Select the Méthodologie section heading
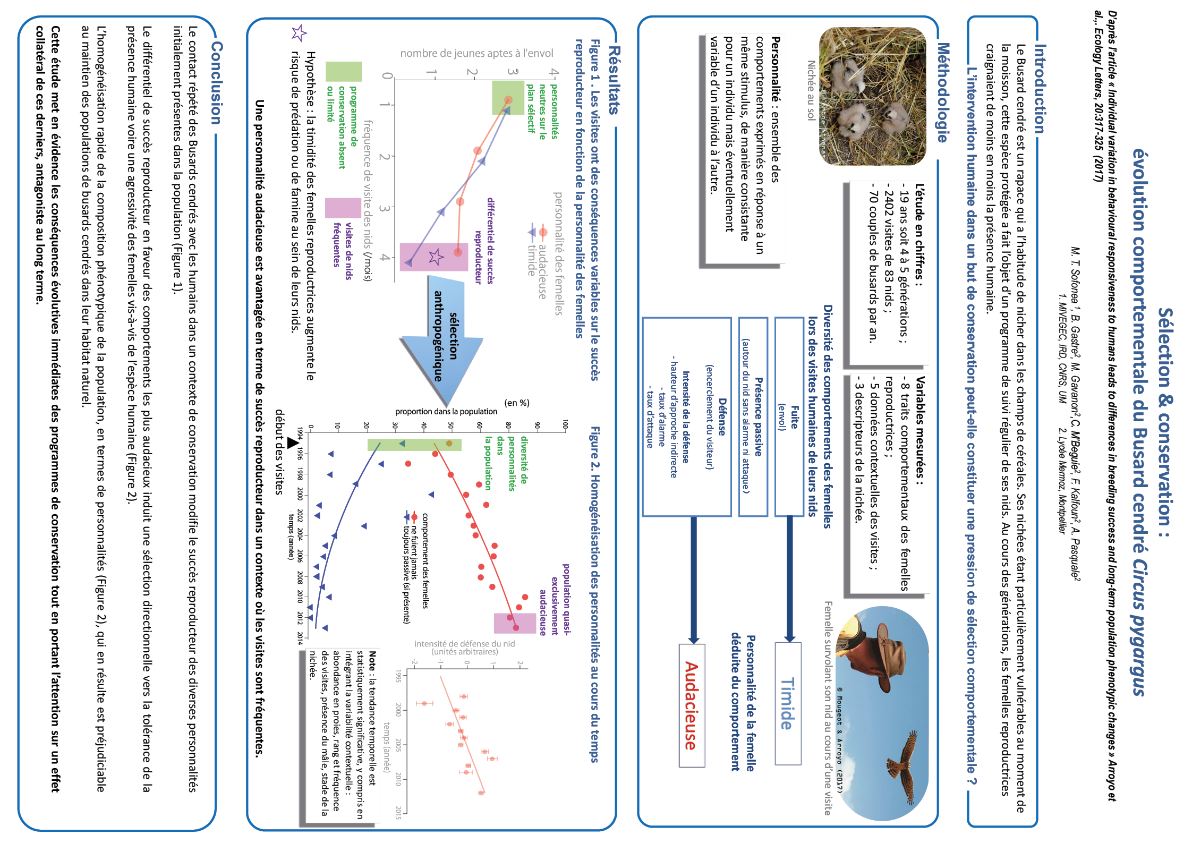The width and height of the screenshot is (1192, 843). point(942,92)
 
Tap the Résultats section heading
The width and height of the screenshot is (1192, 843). point(614,80)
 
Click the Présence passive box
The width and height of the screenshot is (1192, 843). point(753,416)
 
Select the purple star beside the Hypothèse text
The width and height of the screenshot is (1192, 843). point(299,33)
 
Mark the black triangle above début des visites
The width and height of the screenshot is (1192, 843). point(293,442)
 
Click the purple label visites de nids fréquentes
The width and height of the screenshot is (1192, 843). point(343,244)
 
